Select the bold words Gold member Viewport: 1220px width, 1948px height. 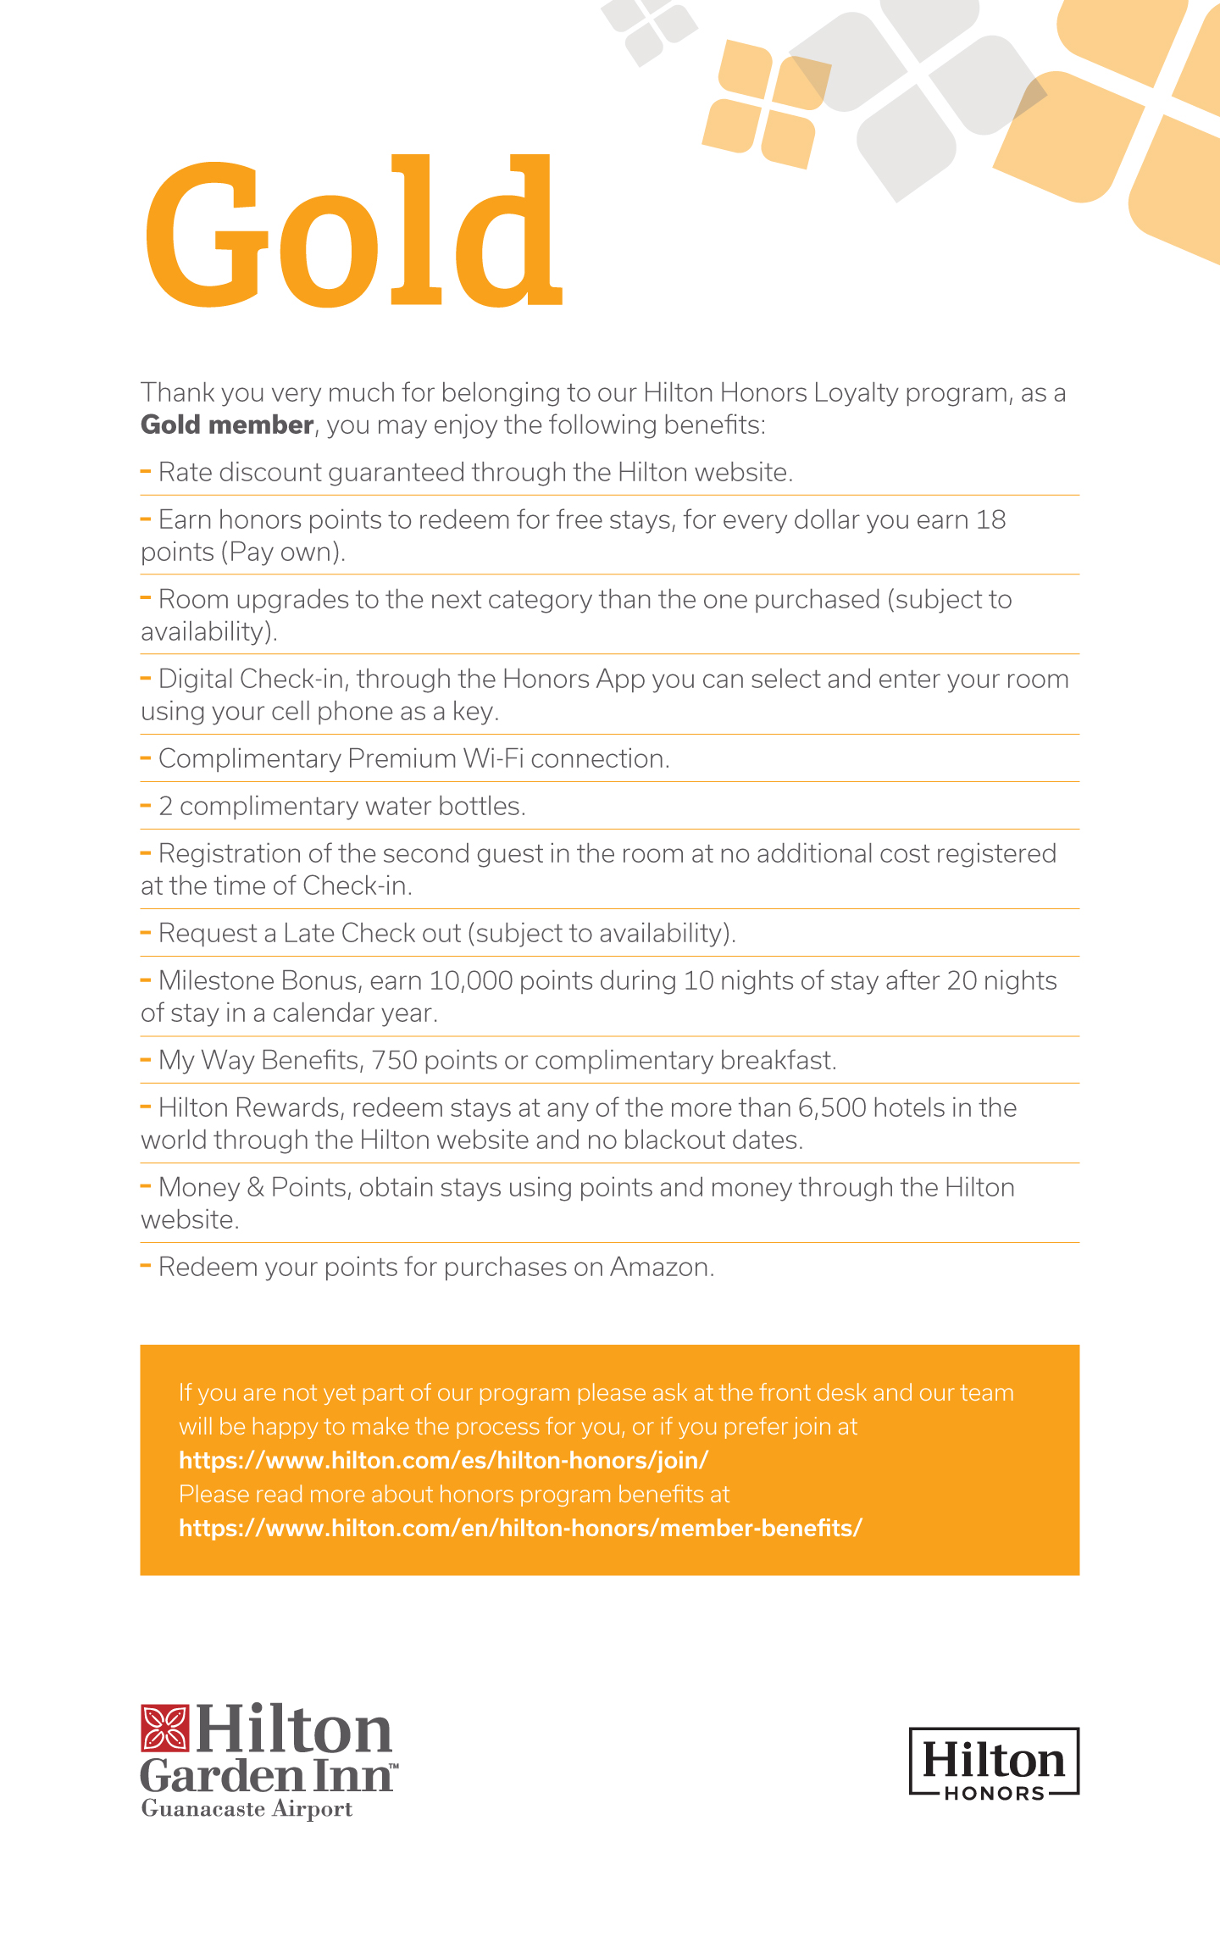(227, 425)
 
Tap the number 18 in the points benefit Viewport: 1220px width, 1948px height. (990, 519)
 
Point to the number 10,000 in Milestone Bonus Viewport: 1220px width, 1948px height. (471, 981)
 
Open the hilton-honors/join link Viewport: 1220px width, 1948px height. (443, 1461)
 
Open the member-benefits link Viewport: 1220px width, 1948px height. (520, 1529)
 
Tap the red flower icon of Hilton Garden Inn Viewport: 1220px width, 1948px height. (164, 1729)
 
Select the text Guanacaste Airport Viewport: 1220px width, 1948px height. (247, 1809)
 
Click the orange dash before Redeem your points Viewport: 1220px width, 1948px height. (146, 1266)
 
